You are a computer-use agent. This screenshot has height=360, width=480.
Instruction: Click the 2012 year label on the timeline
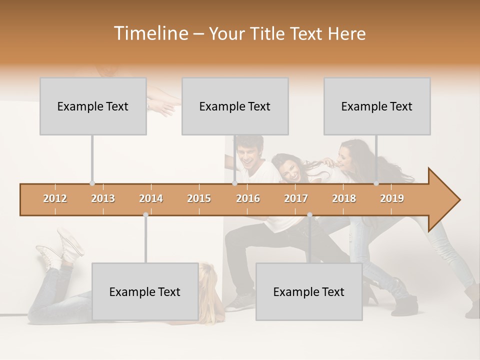point(55,198)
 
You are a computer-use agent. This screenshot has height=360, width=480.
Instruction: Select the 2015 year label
point(199,198)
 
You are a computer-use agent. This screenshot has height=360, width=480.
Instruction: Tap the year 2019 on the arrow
point(392,198)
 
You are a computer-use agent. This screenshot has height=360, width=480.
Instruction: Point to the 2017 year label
point(296,198)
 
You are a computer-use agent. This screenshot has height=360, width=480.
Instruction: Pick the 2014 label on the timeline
point(151,198)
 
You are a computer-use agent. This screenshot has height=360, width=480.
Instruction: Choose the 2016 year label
point(248,198)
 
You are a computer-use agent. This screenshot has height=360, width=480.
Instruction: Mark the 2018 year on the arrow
point(344,198)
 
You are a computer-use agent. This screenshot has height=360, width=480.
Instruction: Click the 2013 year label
point(103,198)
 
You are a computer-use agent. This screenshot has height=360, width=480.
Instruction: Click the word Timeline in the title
point(150,33)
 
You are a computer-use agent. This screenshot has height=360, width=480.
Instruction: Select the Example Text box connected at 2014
point(145,291)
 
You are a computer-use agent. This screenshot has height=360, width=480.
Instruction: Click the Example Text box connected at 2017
point(309,291)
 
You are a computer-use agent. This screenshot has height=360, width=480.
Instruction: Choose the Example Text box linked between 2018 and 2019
point(377,106)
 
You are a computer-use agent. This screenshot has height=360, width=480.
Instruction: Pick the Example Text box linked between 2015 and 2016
point(235,106)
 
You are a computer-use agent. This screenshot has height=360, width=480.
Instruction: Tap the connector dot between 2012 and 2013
point(92,183)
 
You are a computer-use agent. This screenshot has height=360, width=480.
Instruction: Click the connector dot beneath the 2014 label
point(145,215)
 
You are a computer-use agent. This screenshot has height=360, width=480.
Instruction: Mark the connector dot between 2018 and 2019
point(376,183)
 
